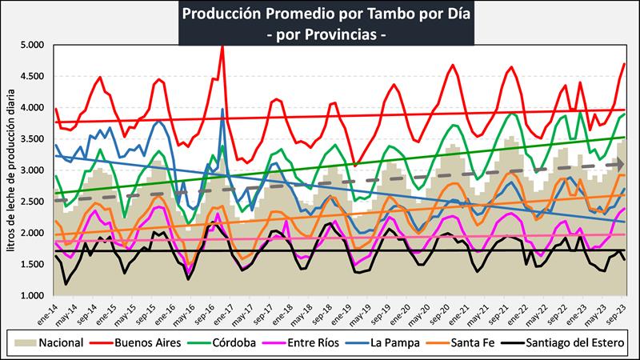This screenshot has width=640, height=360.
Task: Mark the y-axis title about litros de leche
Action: click(11, 170)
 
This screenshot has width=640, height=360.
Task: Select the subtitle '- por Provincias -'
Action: click(320, 35)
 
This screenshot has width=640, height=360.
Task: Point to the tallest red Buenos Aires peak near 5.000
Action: click(222, 48)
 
